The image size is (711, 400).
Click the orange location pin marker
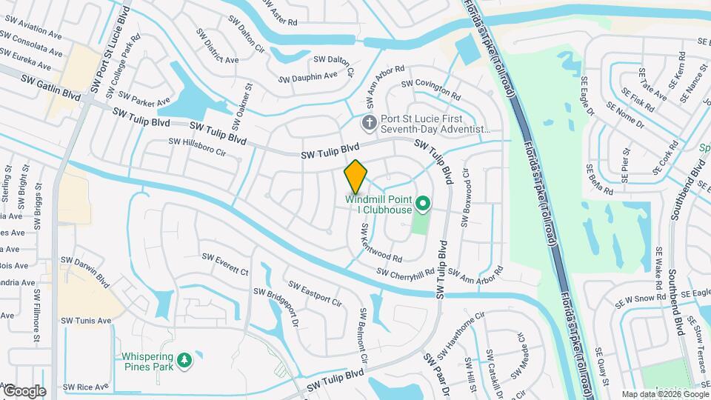click(355, 176)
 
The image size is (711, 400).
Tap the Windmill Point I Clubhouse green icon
click(423, 202)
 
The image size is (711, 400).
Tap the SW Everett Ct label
click(225, 264)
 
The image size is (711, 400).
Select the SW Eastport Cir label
click(315, 294)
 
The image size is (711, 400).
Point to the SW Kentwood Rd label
click(381, 244)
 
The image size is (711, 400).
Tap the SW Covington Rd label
click(430, 88)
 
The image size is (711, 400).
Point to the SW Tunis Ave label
click(86, 321)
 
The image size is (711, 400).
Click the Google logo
click(24, 391)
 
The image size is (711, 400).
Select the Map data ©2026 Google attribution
click(664, 394)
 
